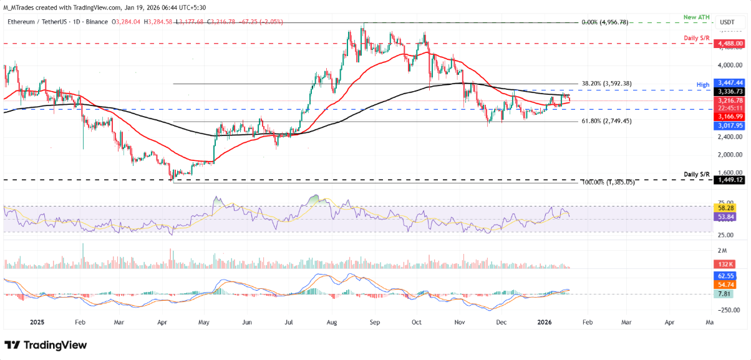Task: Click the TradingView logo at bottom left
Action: [46, 345]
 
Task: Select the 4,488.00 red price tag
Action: [731, 44]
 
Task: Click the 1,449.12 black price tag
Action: [731, 180]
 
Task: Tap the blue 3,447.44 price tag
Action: [731, 82]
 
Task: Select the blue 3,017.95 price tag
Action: [731, 125]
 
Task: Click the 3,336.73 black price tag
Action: [731, 91]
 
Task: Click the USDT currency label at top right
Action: [727, 22]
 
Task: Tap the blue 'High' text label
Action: [702, 84]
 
